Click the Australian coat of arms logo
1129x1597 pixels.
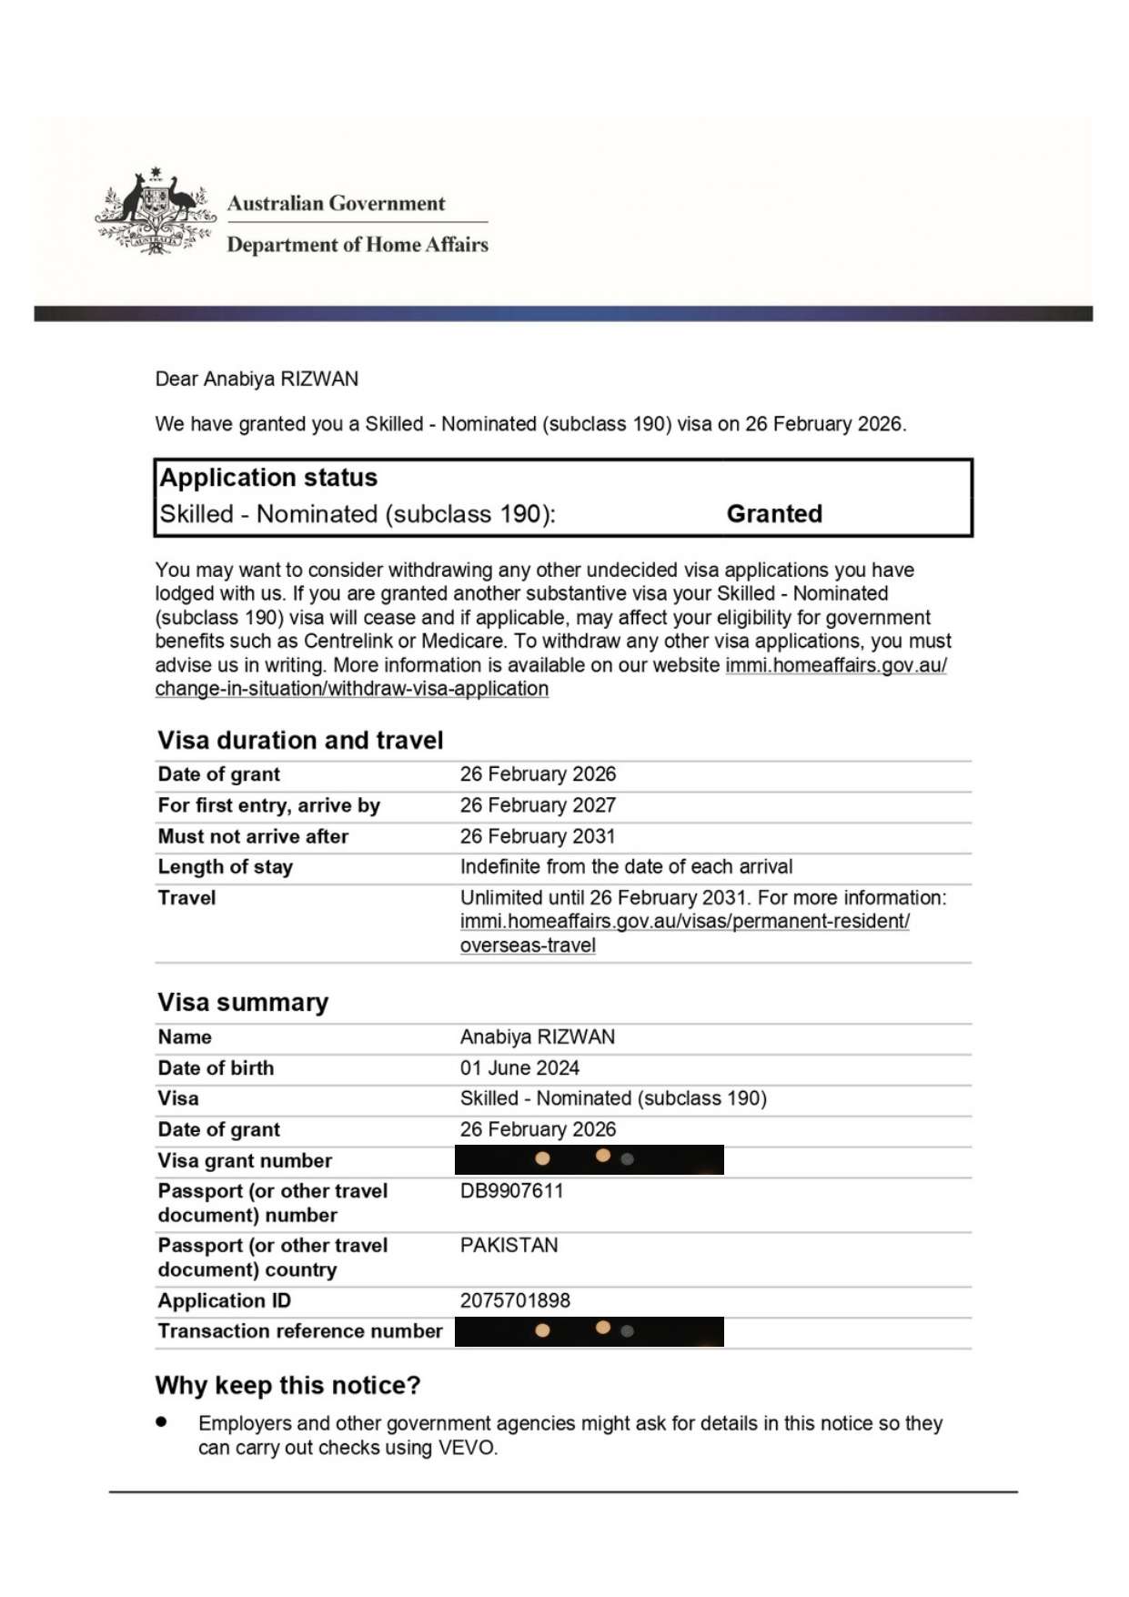155,211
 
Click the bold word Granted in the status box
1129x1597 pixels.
774,514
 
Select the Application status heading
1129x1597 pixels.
268,478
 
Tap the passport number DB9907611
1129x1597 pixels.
511,1191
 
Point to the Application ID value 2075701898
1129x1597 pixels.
515,1300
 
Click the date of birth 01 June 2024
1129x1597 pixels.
519,1068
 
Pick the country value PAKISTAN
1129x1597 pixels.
509,1246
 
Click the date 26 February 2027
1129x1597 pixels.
538,805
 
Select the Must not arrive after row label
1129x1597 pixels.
253,836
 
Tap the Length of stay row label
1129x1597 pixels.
225,867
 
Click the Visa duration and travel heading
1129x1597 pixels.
300,741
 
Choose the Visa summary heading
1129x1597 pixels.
243,1003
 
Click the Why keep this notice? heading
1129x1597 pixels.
287,1386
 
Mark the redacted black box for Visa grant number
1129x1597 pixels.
589,1160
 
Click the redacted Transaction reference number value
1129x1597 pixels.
589,1331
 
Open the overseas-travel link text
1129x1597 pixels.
528,945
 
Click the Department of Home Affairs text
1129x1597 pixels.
358,245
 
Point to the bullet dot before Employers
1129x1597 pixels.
162,1421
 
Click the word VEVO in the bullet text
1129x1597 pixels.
467,1448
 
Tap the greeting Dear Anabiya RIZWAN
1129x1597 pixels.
257,379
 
